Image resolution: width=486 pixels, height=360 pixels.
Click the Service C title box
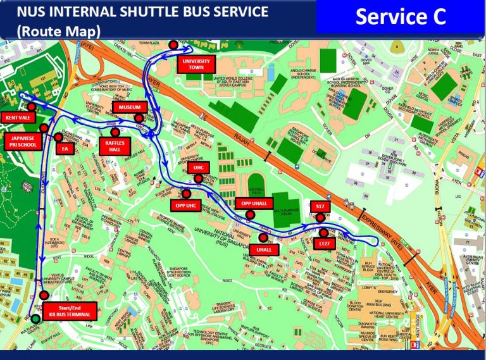coord(401,17)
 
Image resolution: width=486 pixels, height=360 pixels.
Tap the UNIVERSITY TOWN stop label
coord(196,64)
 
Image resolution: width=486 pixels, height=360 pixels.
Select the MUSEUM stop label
coord(130,108)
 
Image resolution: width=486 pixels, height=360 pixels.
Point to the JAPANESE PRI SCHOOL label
coord(23,140)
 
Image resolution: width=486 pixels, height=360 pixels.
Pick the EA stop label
coord(64,149)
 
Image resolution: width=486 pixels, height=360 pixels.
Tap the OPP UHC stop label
coord(185,205)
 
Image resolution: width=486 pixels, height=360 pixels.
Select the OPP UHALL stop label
coord(254,203)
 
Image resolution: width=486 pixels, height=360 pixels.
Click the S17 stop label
coord(320,207)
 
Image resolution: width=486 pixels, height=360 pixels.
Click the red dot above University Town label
coord(173,44)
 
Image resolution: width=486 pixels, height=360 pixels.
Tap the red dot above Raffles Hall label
coord(115,132)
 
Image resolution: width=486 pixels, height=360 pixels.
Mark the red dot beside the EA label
coord(58,137)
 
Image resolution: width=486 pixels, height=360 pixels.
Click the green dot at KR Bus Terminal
coord(35,318)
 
